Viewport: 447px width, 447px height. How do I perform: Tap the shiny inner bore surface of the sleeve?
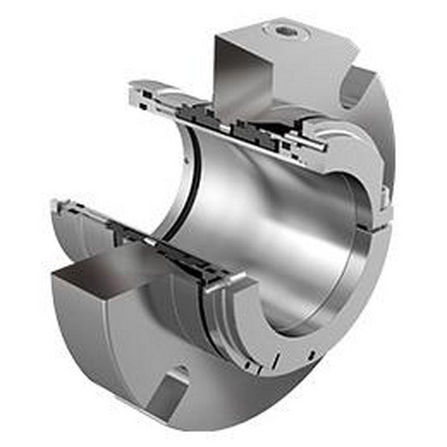pos(259,197)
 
